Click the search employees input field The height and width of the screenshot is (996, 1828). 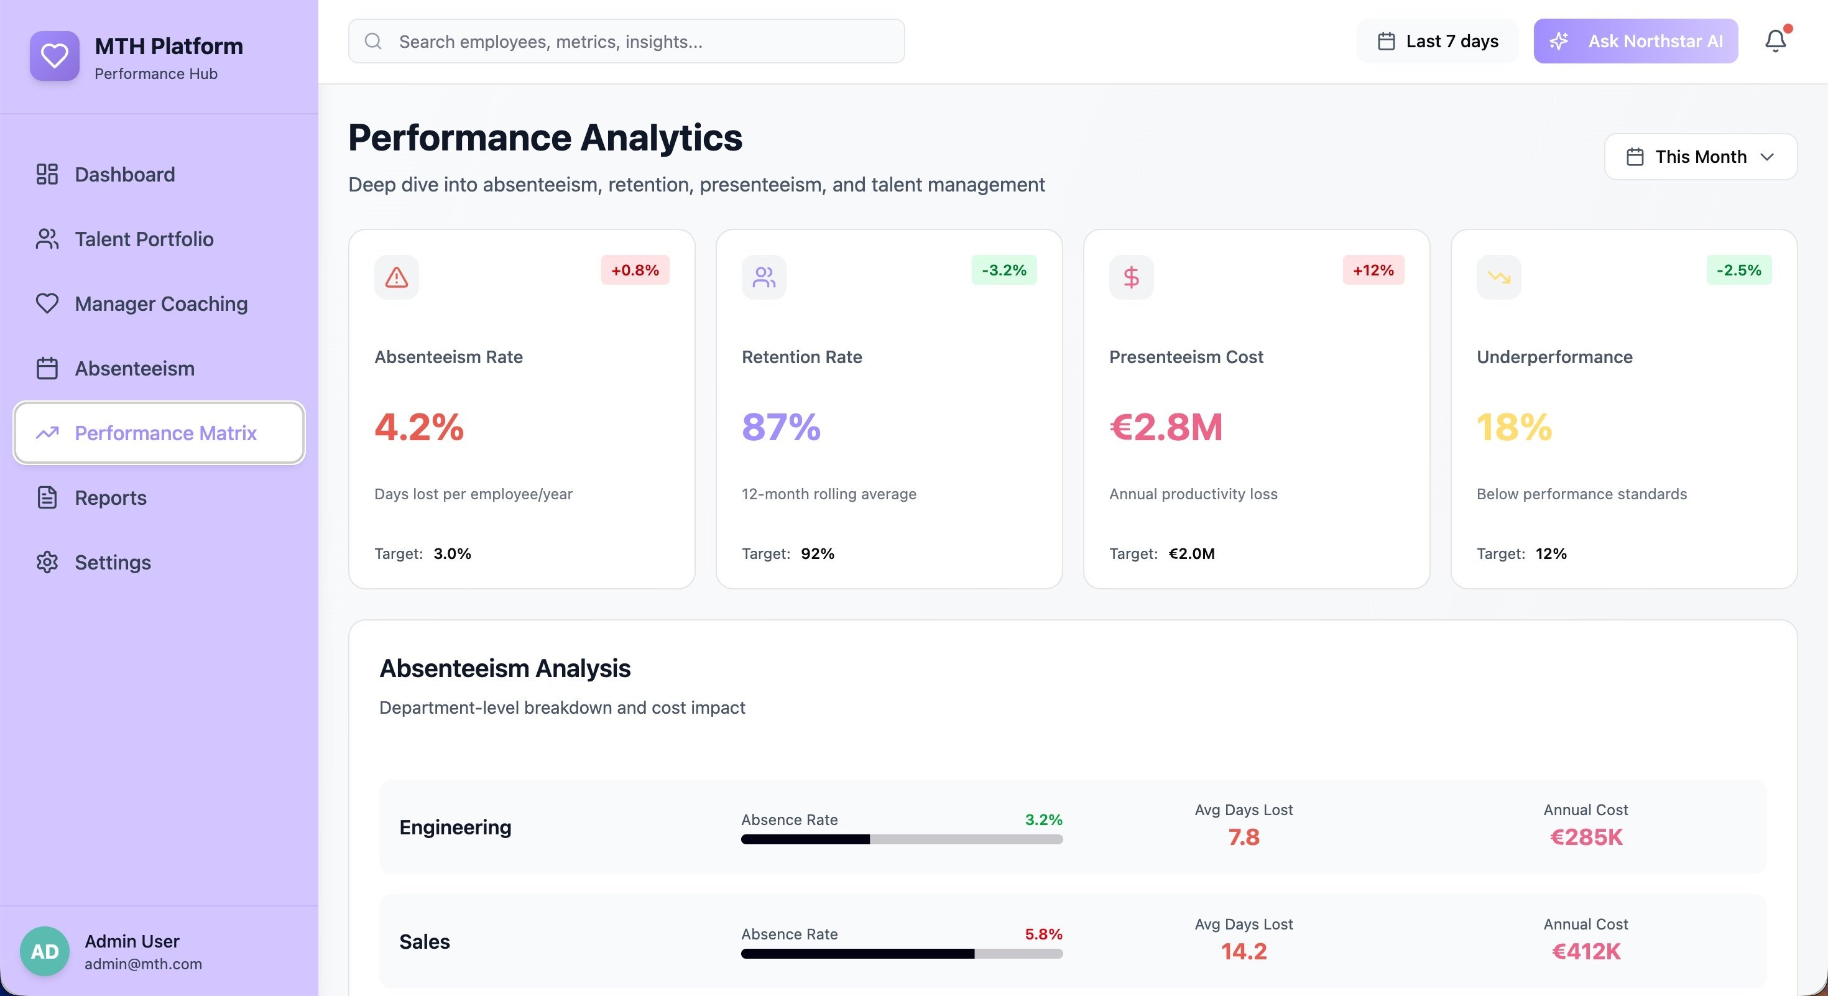[x=624, y=41]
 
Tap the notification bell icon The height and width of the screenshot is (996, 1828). [x=1775, y=41]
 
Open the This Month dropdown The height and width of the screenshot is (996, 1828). [x=1701, y=157]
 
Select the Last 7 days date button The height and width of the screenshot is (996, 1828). [x=1437, y=41]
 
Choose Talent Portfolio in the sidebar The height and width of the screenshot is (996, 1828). [x=144, y=239]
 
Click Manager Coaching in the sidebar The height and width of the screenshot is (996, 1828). [x=160, y=303]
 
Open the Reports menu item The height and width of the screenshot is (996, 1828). [x=110, y=497]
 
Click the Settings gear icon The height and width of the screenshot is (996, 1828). [x=47, y=562]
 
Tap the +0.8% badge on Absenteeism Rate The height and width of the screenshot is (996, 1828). [x=634, y=270]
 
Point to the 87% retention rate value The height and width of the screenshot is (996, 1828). [x=780, y=427]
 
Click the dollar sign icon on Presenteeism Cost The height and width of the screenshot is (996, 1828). [x=1130, y=277]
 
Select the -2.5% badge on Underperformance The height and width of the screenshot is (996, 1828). [x=1738, y=270]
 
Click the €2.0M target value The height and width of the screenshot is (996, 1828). [x=1191, y=553]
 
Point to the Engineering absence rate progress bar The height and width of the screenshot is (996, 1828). [x=901, y=839]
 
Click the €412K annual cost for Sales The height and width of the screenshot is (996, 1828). [x=1586, y=951]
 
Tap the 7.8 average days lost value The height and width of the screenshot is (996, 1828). [x=1244, y=837]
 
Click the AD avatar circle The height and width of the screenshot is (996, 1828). [x=45, y=951]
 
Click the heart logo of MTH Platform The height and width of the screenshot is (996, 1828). [x=55, y=55]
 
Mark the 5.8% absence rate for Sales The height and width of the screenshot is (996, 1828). [x=1043, y=934]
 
